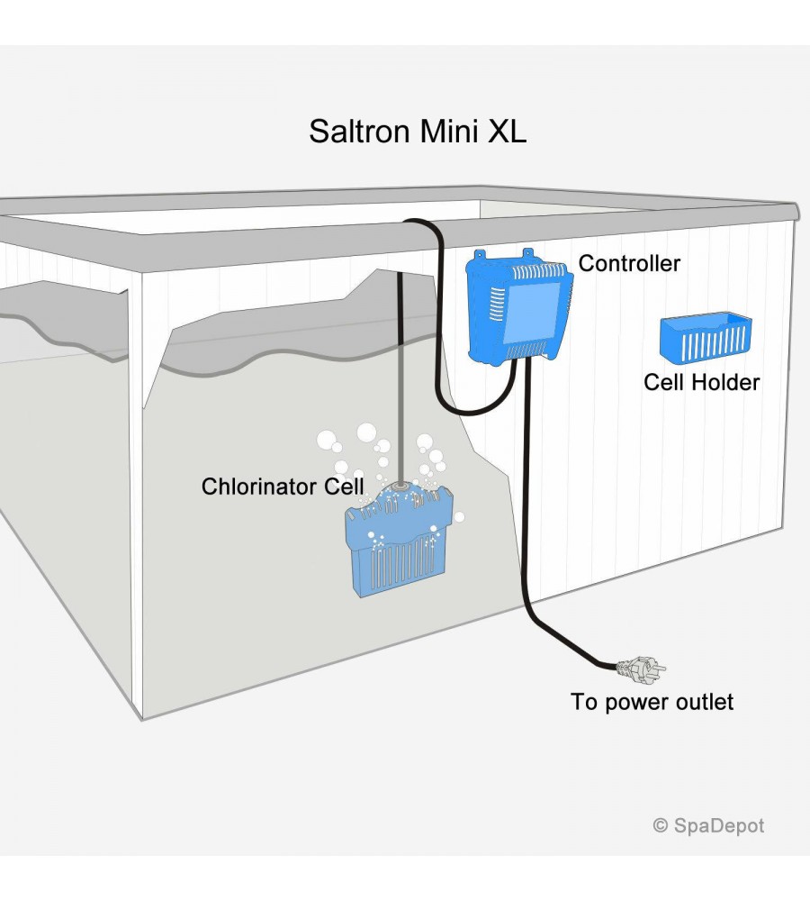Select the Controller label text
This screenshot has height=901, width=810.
(629, 264)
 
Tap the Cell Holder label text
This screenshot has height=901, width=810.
(701, 382)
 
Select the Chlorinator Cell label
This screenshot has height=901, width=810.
(282, 487)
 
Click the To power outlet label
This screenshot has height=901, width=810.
(652, 702)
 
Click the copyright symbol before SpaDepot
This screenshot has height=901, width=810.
(661, 824)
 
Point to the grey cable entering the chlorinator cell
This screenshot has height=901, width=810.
(397, 378)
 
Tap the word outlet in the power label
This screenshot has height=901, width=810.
(706, 702)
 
